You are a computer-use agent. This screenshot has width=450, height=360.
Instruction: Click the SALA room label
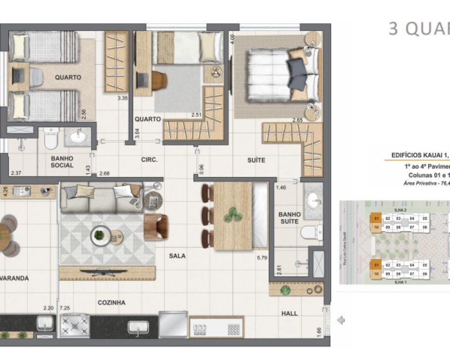[x=177, y=256]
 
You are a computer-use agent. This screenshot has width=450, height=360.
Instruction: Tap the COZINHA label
[x=111, y=303]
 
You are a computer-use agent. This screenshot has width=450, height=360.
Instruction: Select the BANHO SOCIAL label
[x=62, y=162]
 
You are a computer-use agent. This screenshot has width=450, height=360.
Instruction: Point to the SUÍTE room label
[x=256, y=160]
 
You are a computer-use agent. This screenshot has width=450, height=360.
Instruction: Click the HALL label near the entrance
[x=289, y=313]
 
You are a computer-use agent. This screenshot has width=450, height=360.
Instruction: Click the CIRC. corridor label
[x=149, y=159]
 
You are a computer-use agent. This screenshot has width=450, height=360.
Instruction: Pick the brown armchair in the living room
[x=156, y=226]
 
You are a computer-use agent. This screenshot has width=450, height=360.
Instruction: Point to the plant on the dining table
[x=233, y=215]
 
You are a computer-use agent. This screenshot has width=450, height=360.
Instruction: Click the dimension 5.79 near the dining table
[x=261, y=258]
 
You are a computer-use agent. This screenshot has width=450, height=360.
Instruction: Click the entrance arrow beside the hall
[x=341, y=320]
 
